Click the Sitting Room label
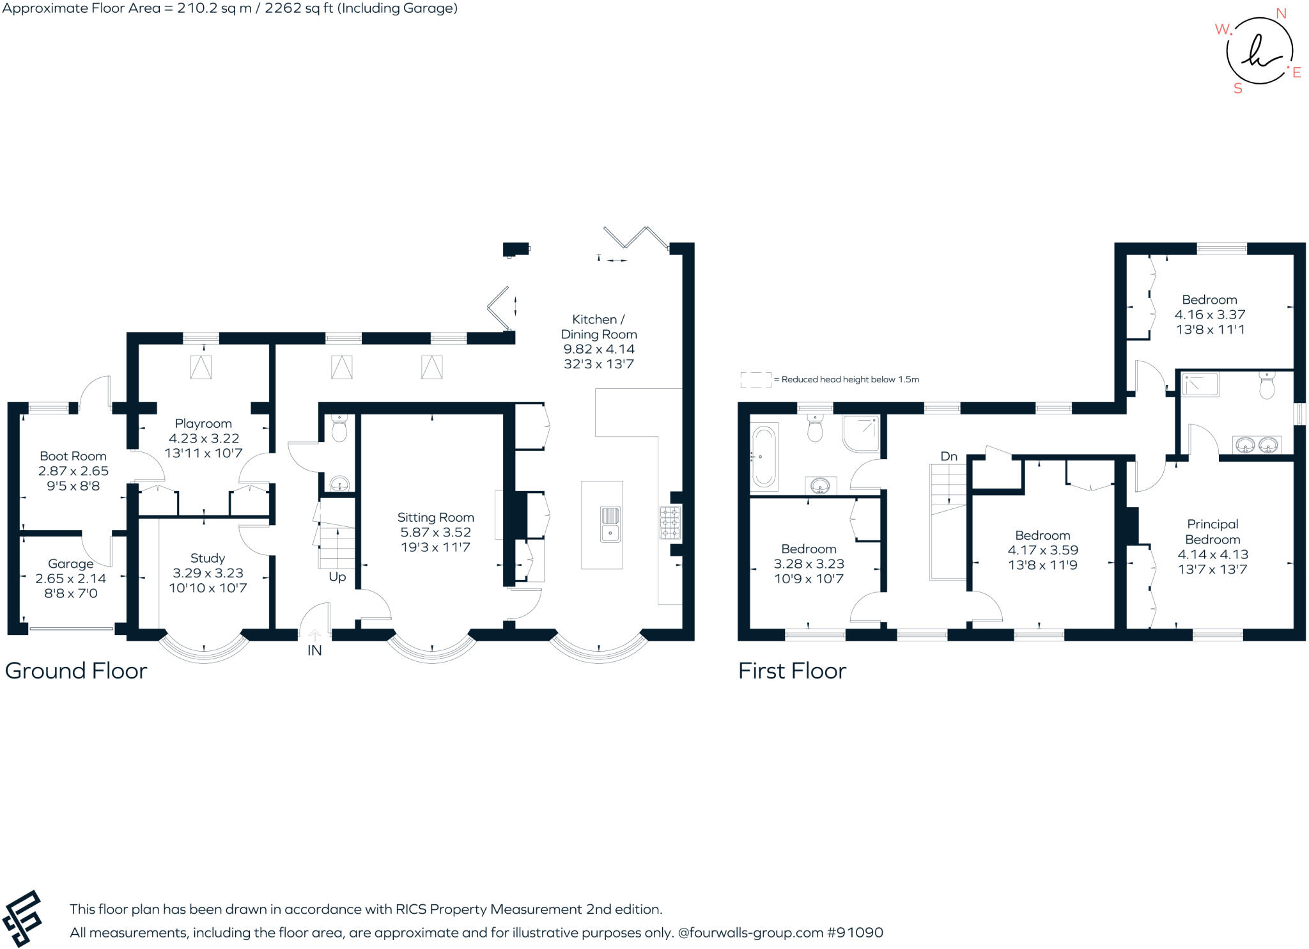[435, 517]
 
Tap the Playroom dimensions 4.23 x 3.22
[203, 438]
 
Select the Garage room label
[70, 563]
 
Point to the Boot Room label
[73, 456]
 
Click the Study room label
[207, 558]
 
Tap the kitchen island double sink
[610, 524]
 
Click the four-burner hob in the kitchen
[670, 523]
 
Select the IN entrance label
[314, 650]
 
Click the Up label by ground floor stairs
[337, 576]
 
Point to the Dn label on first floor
[949, 456]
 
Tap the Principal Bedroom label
[1212, 531]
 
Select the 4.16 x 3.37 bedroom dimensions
[1209, 315]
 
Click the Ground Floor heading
[76, 670]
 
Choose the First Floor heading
[792, 670]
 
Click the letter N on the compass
[1281, 13]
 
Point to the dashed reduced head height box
[755, 380]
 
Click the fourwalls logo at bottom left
[22, 918]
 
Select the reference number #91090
[855, 932]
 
